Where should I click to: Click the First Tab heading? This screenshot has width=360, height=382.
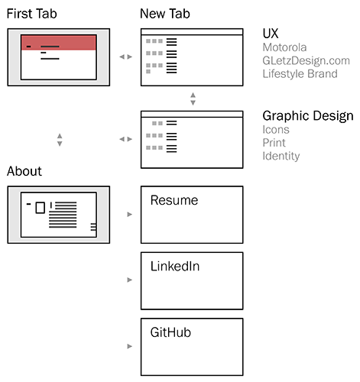point(31,14)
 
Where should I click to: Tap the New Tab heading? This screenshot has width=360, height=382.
point(165,14)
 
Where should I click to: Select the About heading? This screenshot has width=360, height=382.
point(24,171)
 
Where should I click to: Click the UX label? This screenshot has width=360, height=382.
point(271,34)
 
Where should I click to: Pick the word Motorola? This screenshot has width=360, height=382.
point(284,47)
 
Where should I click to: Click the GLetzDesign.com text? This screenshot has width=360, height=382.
point(306,61)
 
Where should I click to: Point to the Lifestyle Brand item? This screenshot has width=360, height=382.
point(300,74)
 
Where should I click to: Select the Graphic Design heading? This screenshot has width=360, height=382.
point(308,116)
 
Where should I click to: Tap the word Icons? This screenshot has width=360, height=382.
point(276,130)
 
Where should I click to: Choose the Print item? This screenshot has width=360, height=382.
point(274,143)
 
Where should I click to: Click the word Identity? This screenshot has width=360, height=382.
point(281,156)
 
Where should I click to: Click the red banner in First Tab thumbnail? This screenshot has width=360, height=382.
point(59,43)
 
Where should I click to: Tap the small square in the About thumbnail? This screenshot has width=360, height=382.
point(41,208)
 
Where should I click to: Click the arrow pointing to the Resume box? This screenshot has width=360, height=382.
point(130,215)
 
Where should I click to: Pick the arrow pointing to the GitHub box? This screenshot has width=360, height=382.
point(130,346)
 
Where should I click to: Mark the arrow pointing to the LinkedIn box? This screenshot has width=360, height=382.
point(130,280)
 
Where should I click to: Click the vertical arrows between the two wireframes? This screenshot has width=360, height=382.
point(193,99)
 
